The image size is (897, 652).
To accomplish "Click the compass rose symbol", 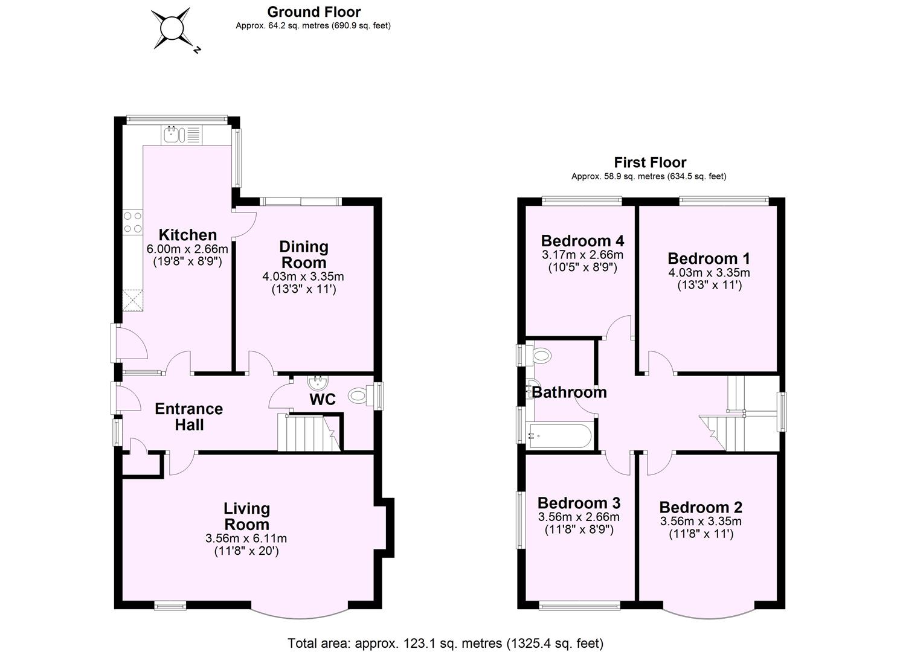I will pos(171,28).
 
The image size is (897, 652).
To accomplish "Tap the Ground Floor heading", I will pos(313,12).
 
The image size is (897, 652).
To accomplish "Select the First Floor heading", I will pos(650,162).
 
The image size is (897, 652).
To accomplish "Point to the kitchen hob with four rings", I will pos(132,222).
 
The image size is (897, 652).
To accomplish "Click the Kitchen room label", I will pos(187,235).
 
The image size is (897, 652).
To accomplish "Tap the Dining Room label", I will pos(303,254).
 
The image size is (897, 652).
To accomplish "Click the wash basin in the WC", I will pos(316,382).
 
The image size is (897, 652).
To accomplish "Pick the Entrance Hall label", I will pos(188,417).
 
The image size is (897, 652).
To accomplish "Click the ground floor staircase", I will pos(305,432).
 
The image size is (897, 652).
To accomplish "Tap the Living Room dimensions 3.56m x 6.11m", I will pos(246,539).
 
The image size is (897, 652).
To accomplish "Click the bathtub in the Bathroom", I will pos(559,435).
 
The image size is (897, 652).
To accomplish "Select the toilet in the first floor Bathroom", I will pos(540,355).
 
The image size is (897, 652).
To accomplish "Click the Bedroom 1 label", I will pos(709,258).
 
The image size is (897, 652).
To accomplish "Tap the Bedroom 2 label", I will pos(701,508).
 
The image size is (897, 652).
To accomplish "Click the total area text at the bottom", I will pos(445,643).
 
